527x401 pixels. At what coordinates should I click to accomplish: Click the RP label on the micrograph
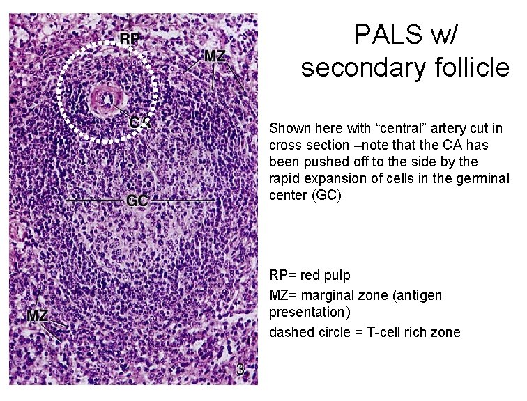pyautogui.click(x=129, y=39)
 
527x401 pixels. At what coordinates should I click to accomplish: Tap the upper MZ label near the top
pyautogui.click(x=215, y=56)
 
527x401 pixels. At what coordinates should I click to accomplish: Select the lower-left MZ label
pyautogui.click(x=37, y=316)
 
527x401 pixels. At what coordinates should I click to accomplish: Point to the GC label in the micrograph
pyautogui.click(x=137, y=201)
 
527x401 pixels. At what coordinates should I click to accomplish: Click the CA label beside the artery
pyautogui.click(x=139, y=123)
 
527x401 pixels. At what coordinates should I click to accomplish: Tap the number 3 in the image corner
pyautogui.click(x=240, y=370)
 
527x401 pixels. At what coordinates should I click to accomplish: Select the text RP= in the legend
pyautogui.click(x=284, y=276)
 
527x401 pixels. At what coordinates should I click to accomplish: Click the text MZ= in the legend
pyautogui.click(x=284, y=296)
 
